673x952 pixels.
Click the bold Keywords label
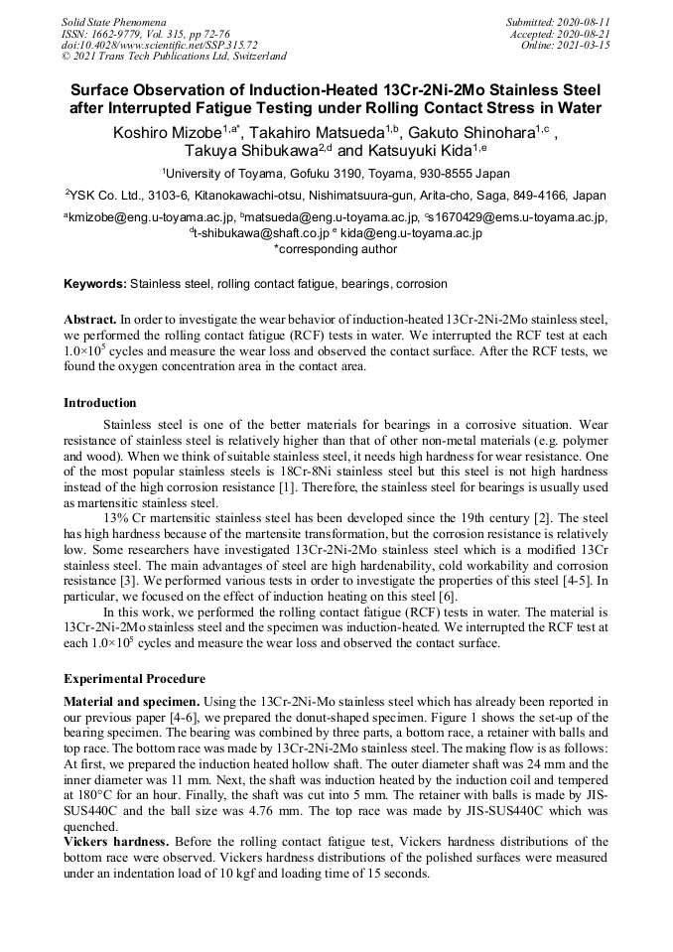95,284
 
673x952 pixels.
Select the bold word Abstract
89,321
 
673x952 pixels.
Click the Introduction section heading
100,403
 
